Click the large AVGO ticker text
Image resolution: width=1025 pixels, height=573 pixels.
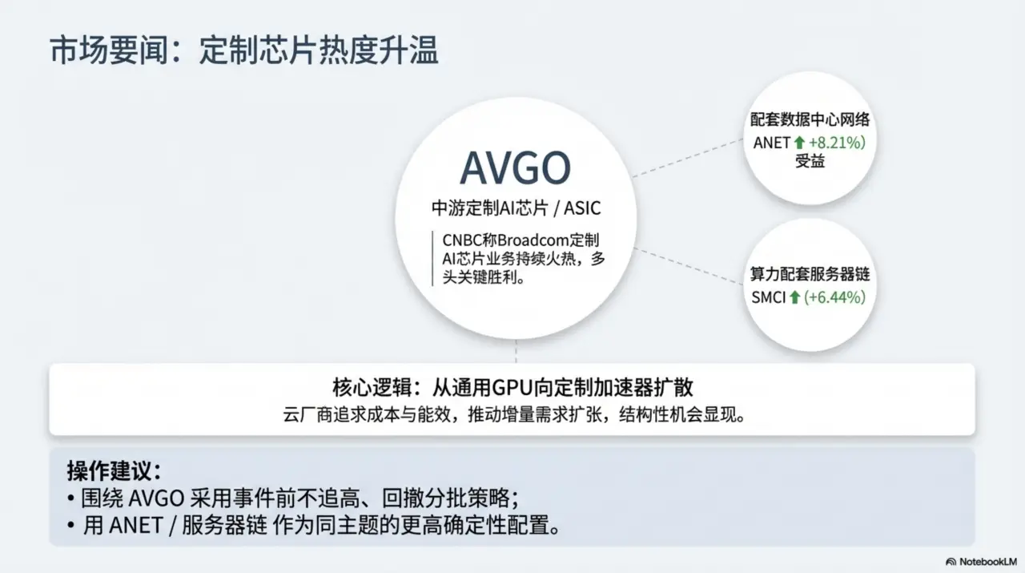pyautogui.click(x=515, y=167)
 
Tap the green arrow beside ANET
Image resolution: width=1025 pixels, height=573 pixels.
pyautogui.click(x=798, y=143)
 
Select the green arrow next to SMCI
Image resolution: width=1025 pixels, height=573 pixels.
pyautogui.click(x=794, y=297)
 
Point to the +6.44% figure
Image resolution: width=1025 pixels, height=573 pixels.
pyautogui.click(x=835, y=297)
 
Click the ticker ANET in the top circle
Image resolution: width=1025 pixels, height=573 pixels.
pyautogui.click(x=772, y=143)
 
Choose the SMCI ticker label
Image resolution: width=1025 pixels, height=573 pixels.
pyautogui.click(x=768, y=297)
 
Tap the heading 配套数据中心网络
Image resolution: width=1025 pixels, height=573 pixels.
pyautogui.click(x=810, y=120)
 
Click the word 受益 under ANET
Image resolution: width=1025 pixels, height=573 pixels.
pyautogui.click(x=810, y=162)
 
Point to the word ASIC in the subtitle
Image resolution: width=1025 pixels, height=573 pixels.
pyautogui.click(x=582, y=208)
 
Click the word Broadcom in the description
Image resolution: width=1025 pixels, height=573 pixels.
pyautogui.click(x=522, y=240)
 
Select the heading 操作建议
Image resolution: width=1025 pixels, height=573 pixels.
pyautogui.click(x=114, y=470)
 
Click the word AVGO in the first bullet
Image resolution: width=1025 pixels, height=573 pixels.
pyautogui.click(x=157, y=498)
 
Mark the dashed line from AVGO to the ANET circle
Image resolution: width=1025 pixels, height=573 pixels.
pyautogui.click(x=689, y=157)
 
